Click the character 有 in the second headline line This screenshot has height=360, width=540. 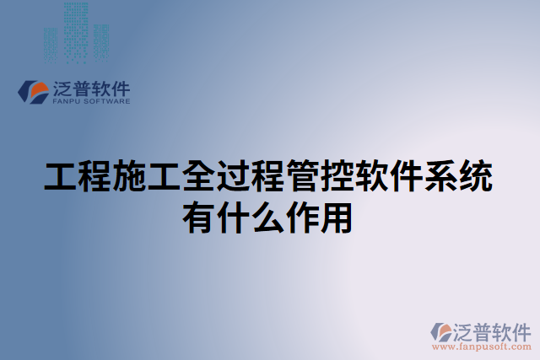pos(199,218)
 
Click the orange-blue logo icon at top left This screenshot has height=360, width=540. pos(34,92)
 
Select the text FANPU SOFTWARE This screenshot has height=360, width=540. pos(91,101)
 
